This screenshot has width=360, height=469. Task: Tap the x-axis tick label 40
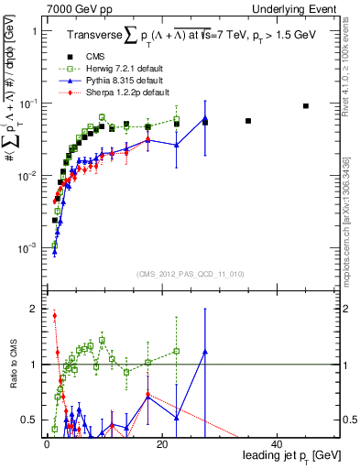(278, 443)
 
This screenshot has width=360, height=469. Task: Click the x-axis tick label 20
(162, 443)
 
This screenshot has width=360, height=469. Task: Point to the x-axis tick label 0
(46, 443)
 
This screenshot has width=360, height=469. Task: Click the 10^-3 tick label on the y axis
(29, 247)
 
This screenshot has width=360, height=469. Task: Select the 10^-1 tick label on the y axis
(29, 103)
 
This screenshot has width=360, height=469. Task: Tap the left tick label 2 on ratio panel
(34, 309)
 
